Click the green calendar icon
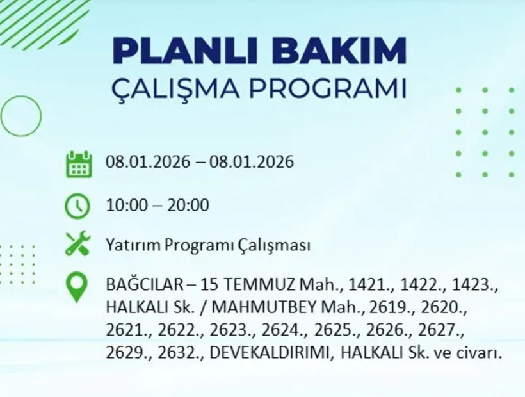click(78, 163)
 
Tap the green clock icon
click(78, 206)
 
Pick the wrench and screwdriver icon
click(78, 244)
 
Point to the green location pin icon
click(78, 287)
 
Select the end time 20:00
click(188, 206)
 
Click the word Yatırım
click(132, 245)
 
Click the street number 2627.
click(439, 330)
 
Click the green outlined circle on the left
click(21, 116)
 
